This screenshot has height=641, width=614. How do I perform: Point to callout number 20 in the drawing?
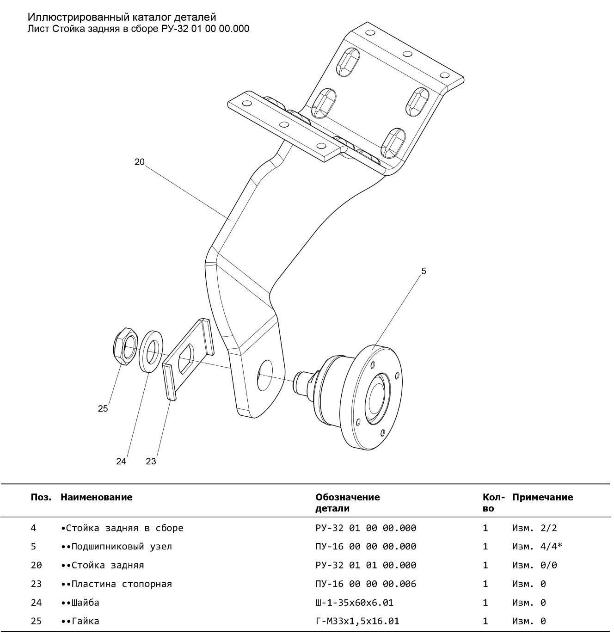tap(140, 162)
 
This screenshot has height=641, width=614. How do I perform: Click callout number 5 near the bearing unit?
tap(424, 271)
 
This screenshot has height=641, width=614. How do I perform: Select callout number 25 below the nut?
tap(103, 408)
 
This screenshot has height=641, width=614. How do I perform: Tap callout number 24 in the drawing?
tap(121, 462)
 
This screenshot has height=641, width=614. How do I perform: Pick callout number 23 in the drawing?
tap(151, 462)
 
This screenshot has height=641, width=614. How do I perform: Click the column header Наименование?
tap(96, 497)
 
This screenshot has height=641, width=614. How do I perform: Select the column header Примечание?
tap(542, 497)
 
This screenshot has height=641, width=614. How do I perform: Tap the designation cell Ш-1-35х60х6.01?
tap(354, 603)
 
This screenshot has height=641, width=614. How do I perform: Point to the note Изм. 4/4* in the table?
tap(537, 547)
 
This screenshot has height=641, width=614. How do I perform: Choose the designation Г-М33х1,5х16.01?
tap(357, 621)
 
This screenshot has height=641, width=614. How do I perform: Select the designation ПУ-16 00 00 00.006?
tap(365, 584)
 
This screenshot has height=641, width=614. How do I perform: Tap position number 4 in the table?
tap(33, 528)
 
